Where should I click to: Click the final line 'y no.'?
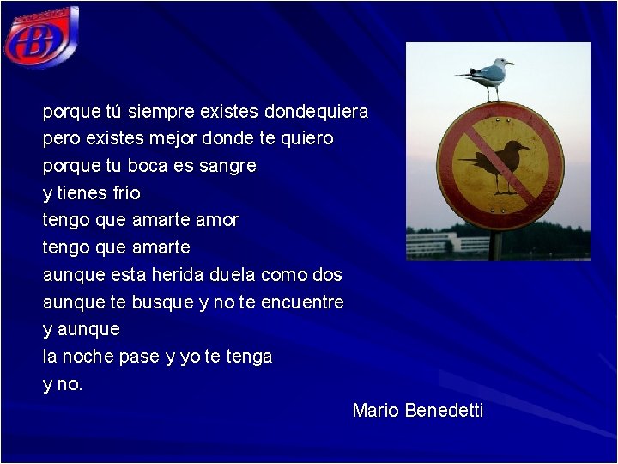tap(63, 384)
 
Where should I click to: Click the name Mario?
tap(375, 411)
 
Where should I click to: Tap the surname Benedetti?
tap(444, 411)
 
